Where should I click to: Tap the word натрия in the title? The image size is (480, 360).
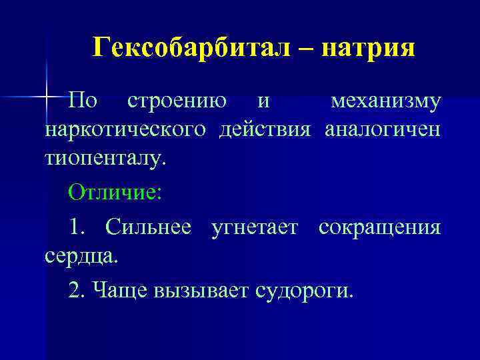coord(367,48)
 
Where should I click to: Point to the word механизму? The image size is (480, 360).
coord(385,101)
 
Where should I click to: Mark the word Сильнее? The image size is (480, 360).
coord(149,227)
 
